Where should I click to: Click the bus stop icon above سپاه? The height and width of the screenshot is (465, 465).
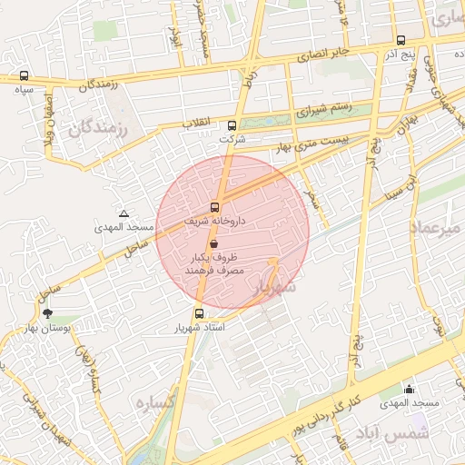pos(23,77)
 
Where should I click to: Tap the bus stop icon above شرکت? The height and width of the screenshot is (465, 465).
pos(232,126)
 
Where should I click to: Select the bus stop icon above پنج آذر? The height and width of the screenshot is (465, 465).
pos(401,40)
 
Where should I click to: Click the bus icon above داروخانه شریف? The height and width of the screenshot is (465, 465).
pos(215,207)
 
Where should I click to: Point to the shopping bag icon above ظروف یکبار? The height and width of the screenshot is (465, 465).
pos(213,243)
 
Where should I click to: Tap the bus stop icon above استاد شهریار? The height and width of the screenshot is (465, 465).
pos(186,313)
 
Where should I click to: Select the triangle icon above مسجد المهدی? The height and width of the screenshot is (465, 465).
pos(124,213)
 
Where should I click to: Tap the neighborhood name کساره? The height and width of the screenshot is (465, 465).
pos(153,401)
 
